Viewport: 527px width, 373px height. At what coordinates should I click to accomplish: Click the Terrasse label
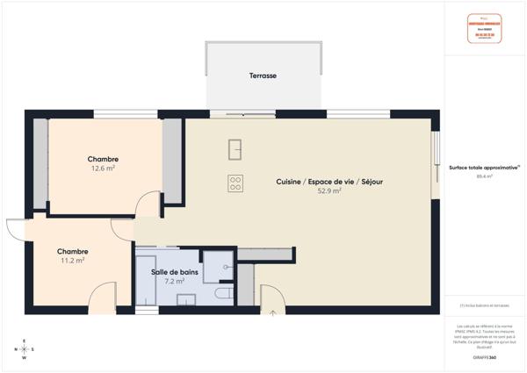(263, 76)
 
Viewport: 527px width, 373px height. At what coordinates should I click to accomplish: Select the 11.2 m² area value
(72, 260)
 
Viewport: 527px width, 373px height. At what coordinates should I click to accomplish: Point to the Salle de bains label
(174, 273)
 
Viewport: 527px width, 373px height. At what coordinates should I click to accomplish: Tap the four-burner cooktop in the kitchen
(235, 183)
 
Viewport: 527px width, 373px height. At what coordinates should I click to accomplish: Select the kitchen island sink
(235, 149)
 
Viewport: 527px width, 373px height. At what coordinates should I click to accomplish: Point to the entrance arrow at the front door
(272, 311)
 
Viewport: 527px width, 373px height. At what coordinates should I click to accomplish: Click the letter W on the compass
(24, 358)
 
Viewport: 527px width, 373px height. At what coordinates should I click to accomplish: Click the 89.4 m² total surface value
(484, 176)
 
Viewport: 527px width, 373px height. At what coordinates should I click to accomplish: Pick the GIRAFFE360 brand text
(484, 359)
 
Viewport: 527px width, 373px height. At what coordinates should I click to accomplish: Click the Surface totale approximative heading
(484, 167)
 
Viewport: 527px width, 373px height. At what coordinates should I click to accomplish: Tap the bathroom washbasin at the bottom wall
(186, 299)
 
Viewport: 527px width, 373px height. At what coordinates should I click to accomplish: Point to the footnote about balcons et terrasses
(484, 305)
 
